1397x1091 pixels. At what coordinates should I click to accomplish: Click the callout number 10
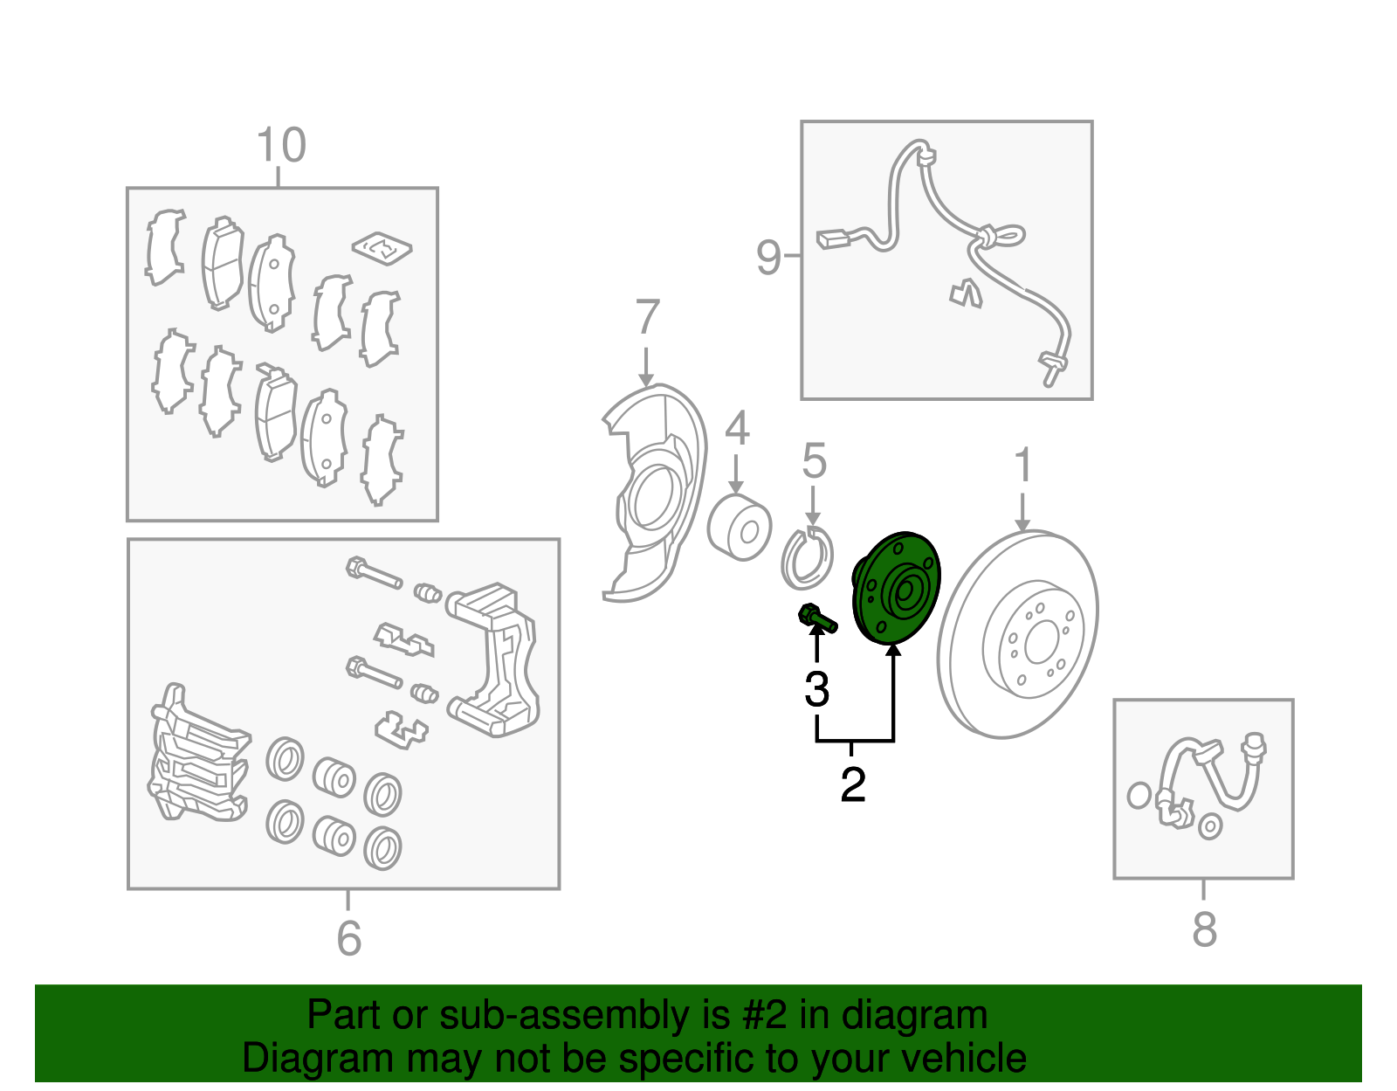coord(281,145)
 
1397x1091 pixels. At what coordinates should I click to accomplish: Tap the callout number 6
coord(349,939)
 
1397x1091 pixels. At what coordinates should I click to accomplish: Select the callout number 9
coord(769,257)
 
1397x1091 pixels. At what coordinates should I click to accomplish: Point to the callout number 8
coord(1204,929)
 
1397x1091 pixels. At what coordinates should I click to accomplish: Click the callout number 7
coord(647,316)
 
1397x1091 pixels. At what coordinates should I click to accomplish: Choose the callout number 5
coord(814,460)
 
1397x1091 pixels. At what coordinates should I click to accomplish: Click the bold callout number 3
coord(816,689)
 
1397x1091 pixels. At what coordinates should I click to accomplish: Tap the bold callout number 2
coord(852,784)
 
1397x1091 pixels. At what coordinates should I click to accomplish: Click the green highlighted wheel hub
coord(896,588)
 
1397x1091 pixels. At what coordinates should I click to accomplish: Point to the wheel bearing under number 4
coord(740,527)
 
